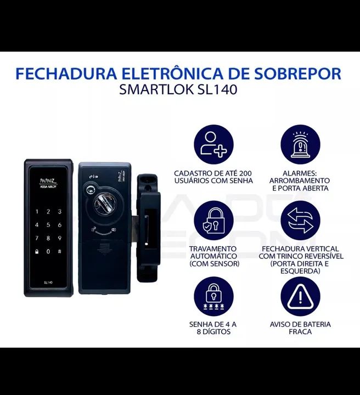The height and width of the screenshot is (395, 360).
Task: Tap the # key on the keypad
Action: click(x=59, y=251)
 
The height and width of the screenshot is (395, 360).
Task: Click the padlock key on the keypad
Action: click(x=37, y=251)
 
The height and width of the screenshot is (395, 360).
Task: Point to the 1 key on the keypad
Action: click(x=37, y=211)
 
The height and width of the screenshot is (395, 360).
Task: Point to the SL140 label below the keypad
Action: click(x=48, y=282)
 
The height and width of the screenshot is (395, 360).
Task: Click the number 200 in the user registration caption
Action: click(x=245, y=171)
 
